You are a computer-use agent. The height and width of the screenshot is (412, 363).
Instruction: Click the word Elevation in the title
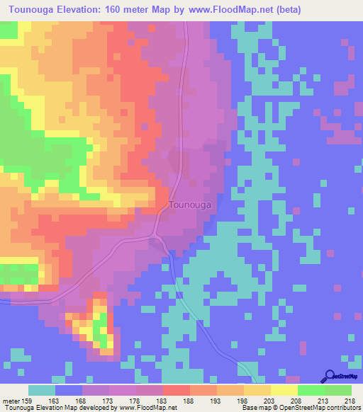(x=89, y=10)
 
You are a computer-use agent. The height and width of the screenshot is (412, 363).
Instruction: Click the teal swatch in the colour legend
(x=42, y=390)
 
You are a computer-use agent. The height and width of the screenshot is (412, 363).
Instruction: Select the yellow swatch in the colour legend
(x=284, y=390)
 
